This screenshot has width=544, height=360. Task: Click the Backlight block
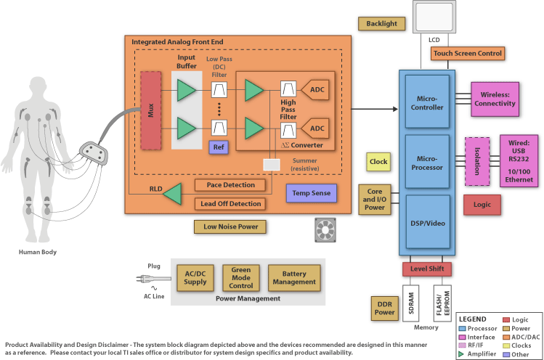381,23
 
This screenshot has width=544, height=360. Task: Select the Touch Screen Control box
468,53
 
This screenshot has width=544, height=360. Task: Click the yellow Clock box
378,162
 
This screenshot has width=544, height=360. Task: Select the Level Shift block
427,269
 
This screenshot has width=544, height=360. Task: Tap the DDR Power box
384,308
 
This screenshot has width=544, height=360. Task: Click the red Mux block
150,110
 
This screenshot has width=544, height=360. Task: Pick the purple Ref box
219,147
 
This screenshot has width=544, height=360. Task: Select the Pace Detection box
230,185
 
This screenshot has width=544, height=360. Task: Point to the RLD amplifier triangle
172,194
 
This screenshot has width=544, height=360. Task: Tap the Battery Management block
294,277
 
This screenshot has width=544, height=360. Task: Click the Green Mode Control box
240,277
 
